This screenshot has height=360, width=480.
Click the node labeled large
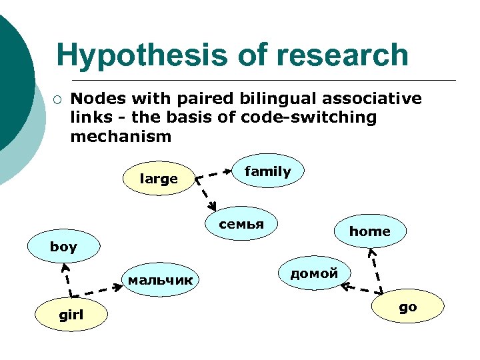click(x=159, y=178)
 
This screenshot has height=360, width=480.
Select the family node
click(x=267, y=171)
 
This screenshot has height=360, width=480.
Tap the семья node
click(x=242, y=225)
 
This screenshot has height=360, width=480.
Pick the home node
click(x=369, y=231)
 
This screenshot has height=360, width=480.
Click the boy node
click(x=63, y=247)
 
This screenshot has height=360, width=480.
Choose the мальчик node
click(x=160, y=280)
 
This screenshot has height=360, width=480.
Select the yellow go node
click(x=407, y=307)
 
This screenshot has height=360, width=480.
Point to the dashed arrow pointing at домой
click(x=360, y=289)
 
